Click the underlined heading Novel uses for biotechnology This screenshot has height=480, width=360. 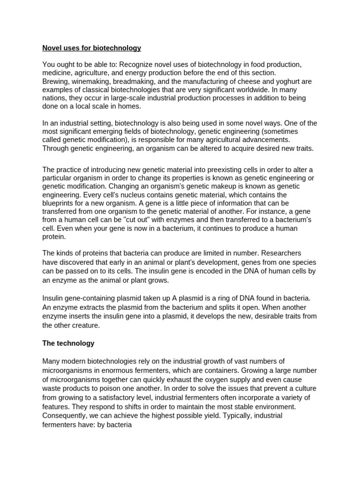[92, 48]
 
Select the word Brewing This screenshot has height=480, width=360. [55, 81]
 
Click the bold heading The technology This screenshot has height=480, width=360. [68, 343]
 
